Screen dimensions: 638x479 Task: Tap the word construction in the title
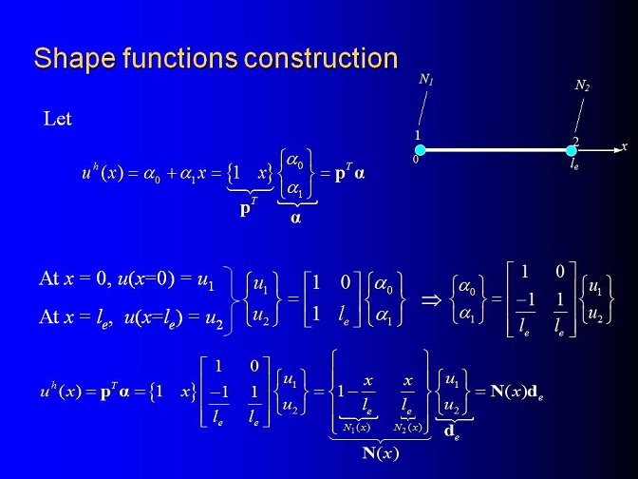(x=321, y=58)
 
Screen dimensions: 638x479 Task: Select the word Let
(x=57, y=119)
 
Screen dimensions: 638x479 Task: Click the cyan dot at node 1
(x=421, y=150)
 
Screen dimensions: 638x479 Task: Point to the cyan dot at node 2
(x=572, y=151)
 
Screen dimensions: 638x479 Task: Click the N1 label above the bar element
(x=426, y=79)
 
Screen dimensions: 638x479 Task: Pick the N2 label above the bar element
(x=582, y=86)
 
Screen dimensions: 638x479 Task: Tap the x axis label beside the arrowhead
(x=624, y=145)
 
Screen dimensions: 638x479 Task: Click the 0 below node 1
(x=416, y=160)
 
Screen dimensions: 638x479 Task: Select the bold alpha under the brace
(x=296, y=219)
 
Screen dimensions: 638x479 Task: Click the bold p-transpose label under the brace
(x=249, y=208)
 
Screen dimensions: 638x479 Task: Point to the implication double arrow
(x=431, y=301)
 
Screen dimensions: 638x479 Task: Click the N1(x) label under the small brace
(x=357, y=428)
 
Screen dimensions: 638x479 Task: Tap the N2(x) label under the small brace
(x=408, y=428)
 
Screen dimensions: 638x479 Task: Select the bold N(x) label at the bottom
(x=381, y=453)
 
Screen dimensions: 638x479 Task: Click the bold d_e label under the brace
(x=452, y=431)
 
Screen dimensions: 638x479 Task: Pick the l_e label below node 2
(x=574, y=164)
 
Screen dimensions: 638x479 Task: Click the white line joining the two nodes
(x=496, y=150)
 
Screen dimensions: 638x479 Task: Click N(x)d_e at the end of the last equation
(x=516, y=393)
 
